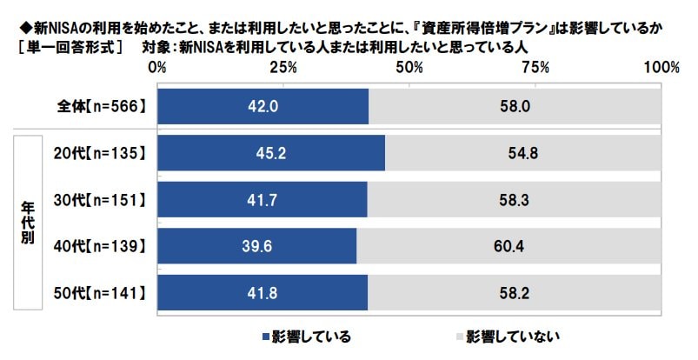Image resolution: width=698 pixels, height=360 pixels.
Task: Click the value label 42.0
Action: point(262,107)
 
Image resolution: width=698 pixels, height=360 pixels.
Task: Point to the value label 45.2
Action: point(269,154)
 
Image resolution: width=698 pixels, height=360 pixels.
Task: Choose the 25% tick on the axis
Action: point(282,67)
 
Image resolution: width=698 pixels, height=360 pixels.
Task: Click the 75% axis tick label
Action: point(535,67)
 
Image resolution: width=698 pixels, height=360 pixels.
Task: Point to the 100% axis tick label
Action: point(662,67)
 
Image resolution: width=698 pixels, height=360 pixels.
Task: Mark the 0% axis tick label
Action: point(157,67)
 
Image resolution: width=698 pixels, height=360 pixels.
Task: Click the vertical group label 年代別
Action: point(26,224)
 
